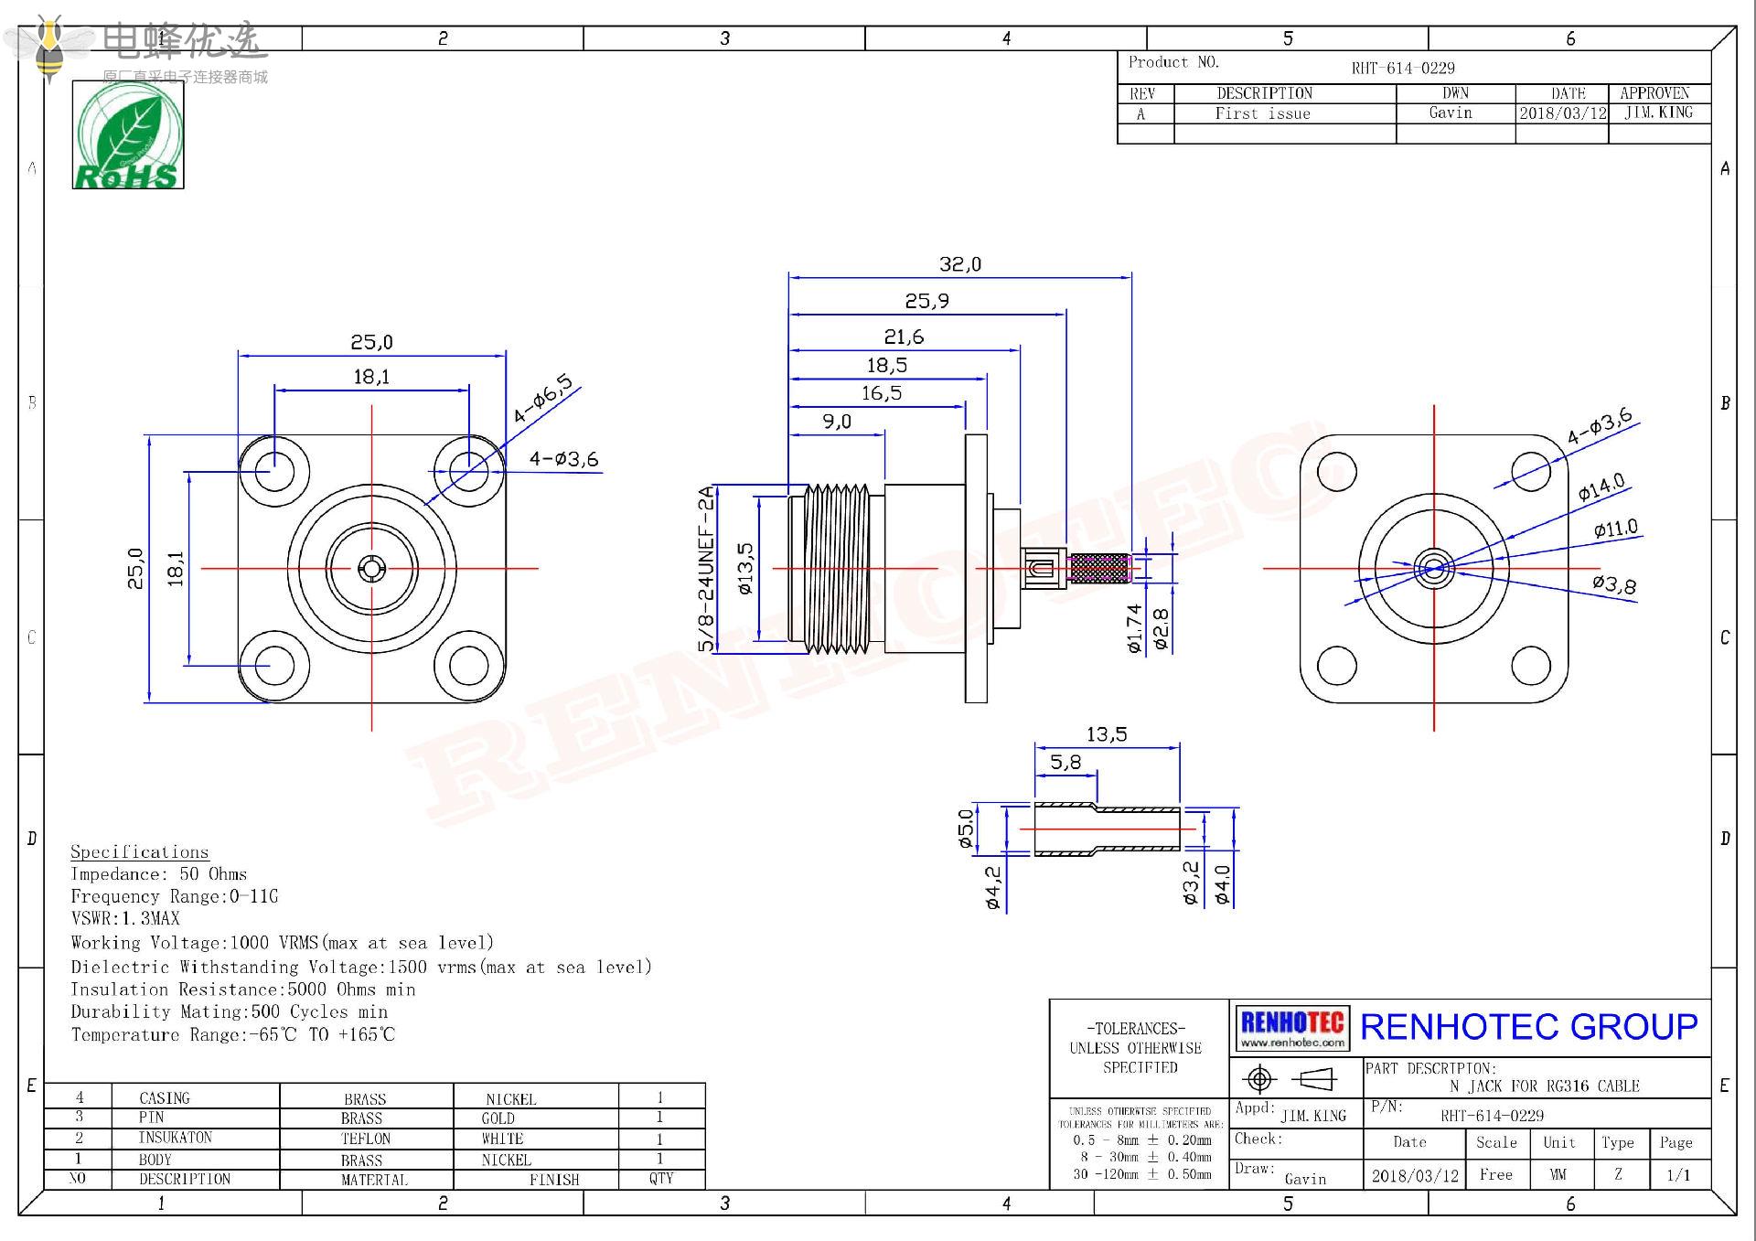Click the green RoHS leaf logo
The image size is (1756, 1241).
[x=128, y=135]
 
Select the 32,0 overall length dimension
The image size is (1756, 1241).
[x=959, y=264]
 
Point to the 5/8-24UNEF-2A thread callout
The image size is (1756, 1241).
[x=705, y=569]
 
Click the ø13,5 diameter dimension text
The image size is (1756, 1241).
[x=745, y=569]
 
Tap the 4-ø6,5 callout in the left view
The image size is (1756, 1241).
[x=542, y=398]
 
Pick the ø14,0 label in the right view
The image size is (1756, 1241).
[x=1601, y=487]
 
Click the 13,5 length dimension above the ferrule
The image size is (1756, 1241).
[x=1107, y=734]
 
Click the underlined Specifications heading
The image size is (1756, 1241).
[x=139, y=851]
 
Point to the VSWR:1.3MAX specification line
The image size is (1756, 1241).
[x=125, y=918]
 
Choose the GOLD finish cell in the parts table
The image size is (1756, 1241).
[x=498, y=1118]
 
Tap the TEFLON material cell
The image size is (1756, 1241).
[x=366, y=1139]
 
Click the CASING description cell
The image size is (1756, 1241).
[x=165, y=1097]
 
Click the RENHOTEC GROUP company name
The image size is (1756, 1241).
[x=1528, y=1026]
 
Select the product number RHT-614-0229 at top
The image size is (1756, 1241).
[x=1403, y=68]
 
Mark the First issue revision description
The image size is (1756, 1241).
[x=1262, y=113]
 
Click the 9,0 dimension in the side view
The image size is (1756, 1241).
[x=836, y=422]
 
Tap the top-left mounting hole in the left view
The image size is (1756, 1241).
[x=273, y=472]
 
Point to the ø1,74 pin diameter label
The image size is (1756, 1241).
[x=1135, y=628]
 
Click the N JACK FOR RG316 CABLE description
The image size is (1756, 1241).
[x=1545, y=1086]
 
